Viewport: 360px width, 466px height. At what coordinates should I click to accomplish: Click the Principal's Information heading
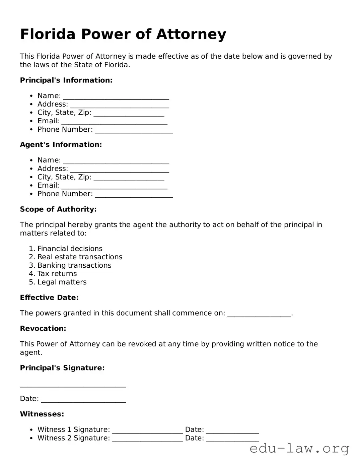(x=66, y=80)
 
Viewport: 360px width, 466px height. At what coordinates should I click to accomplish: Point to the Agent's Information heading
(x=61, y=145)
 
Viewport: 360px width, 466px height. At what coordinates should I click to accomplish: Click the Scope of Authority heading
(x=58, y=209)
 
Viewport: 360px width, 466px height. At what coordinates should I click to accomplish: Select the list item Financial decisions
(x=70, y=249)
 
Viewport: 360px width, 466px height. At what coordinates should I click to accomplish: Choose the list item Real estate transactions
(x=80, y=257)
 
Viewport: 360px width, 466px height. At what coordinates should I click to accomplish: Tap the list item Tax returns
(x=57, y=274)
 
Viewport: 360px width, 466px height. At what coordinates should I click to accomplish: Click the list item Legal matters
(x=62, y=282)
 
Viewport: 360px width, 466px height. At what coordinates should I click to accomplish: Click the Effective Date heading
(x=49, y=297)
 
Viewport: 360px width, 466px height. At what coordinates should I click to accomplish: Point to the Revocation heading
(x=43, y=329)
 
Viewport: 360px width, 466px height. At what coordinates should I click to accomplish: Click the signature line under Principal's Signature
(x=73, y=385)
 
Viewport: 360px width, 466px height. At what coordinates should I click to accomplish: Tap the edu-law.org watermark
(x=299, y=448)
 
